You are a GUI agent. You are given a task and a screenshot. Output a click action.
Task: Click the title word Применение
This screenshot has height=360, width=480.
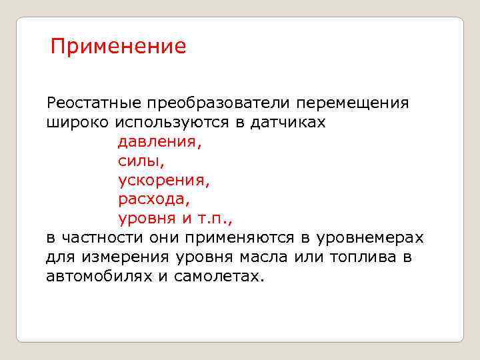point(119,47)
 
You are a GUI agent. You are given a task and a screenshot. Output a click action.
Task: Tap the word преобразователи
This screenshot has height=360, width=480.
point(220,104)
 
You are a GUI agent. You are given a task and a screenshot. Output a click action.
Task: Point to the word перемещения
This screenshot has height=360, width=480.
point(353,104)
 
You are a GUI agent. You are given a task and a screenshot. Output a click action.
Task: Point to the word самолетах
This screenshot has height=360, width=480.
point(219,276)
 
